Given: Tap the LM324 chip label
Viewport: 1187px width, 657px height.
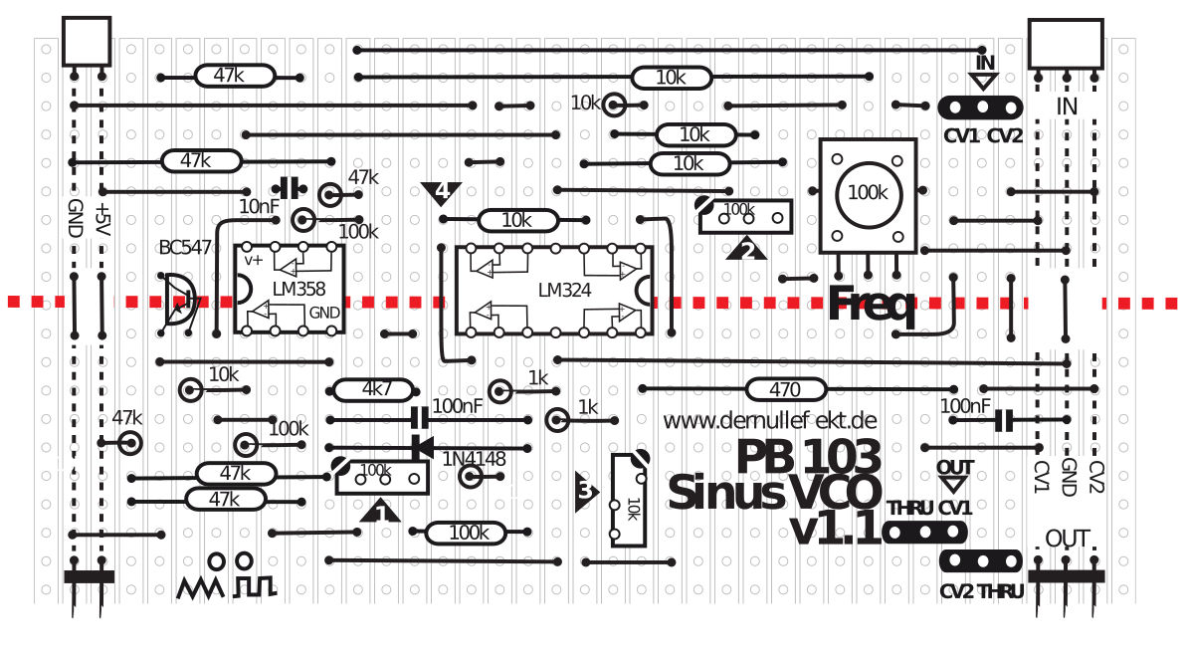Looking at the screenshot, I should pos(564,291).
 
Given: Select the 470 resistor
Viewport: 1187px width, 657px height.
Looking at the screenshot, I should pos(785,388).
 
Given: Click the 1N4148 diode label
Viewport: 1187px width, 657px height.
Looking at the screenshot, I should pos(475,459).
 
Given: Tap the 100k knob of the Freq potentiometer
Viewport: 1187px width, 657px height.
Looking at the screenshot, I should pos(868,193).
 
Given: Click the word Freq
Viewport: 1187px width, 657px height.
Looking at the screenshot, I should pos(872,304).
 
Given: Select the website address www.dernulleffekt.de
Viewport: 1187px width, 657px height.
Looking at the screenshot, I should pos(770,420).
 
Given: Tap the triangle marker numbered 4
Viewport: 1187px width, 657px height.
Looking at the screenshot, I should pos(442,191).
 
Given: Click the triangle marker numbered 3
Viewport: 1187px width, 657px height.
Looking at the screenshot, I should pos(586,490).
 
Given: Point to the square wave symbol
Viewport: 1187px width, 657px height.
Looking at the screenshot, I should pos(254,587).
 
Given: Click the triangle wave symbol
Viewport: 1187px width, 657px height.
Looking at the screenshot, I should pos(202,587).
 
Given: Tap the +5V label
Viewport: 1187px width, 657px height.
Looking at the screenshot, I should pos(100,218).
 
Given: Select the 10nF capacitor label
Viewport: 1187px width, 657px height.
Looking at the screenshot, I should pos(260,207).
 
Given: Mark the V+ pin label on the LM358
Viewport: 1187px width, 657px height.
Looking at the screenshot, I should pos(254,260).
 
